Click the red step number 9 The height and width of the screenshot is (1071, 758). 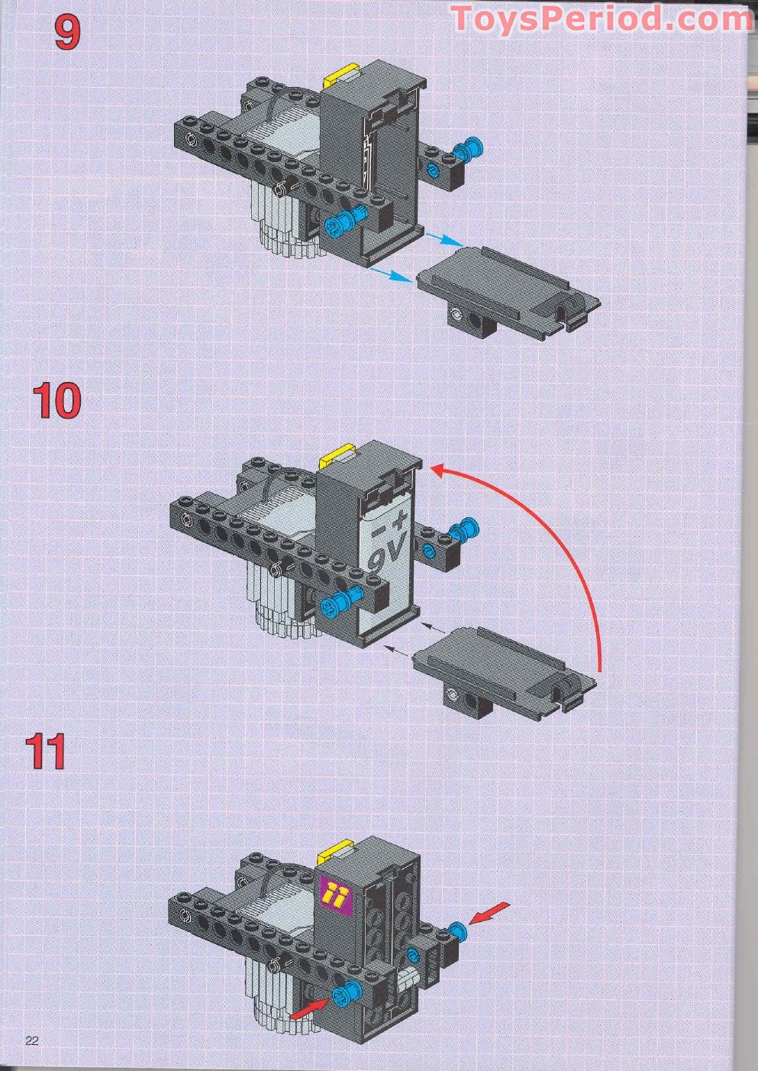pos(66,34)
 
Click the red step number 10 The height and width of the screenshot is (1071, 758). pos(56,401)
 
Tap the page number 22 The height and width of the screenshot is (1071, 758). pos(32,1040)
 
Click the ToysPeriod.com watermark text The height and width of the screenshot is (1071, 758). pos(602,18)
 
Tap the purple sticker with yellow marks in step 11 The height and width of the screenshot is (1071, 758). pos(335,893)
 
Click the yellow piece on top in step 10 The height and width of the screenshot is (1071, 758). pos(337,457)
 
